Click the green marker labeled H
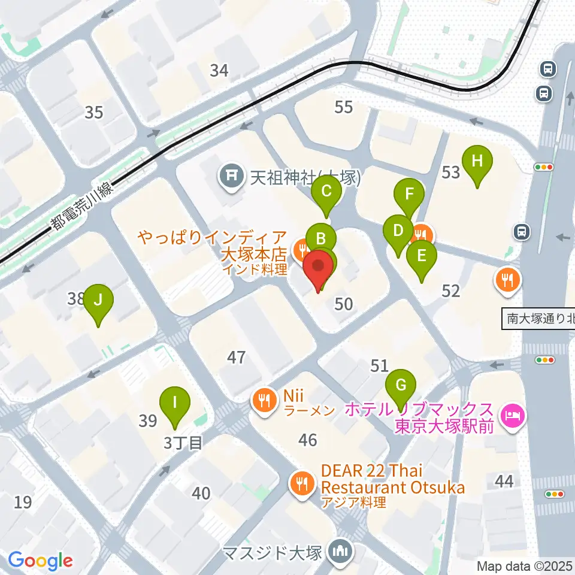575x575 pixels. click(x=477, y=162)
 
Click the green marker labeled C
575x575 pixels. click(x=326, y=192)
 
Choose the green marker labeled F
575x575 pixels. click(x=409, y=195)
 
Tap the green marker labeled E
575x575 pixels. click(x=422, y=256)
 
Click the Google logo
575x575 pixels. click(x=40, y=561)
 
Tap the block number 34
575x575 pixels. click(x=219, y=71)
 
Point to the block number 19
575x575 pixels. click(x=23, y=502)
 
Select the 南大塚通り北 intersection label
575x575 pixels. click(x=539, y=319)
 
